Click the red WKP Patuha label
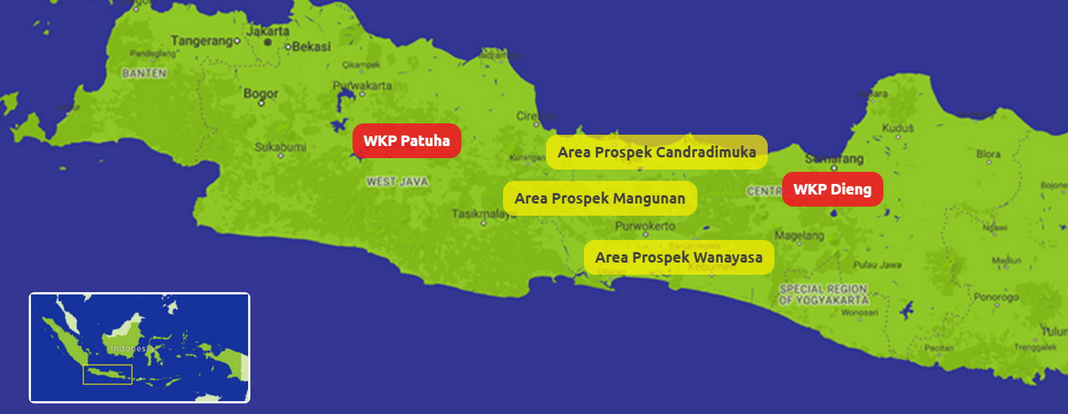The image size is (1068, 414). pyautogui.click(x=406, y=141)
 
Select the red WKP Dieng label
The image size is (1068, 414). pyautogui.click(x=832, y=189)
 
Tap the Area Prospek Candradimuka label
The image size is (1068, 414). pyautogui.click(x=657, y=152)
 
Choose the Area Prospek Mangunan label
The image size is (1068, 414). pyautogui.click(x=600, y=198)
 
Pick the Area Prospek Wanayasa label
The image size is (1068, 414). pyautogui.click(x=678, y=257)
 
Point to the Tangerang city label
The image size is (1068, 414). pyautogui.click(x=201, y=40)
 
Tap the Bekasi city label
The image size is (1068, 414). pyautogui.click(x=312, y=46)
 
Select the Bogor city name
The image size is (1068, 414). pyautogui.click(x=261, y=94)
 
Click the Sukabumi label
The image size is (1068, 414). pyautogui.click(x=278, y=145)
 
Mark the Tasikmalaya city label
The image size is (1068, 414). pyautogui.click(x=484, y=214)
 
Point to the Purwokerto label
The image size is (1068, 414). pyautogui.click(x=645, y=226)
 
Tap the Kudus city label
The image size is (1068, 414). pyautogui.click(x=898, y=128)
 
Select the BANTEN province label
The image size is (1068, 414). pyautogui.click(x=138, y=73)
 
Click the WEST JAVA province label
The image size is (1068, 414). pyautogui.click(x=397, y=182)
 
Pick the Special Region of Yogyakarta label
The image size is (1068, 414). pyautogui.click(x=824, y=294)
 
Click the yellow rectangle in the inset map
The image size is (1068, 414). pyautogui.click(x=107, y=374)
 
